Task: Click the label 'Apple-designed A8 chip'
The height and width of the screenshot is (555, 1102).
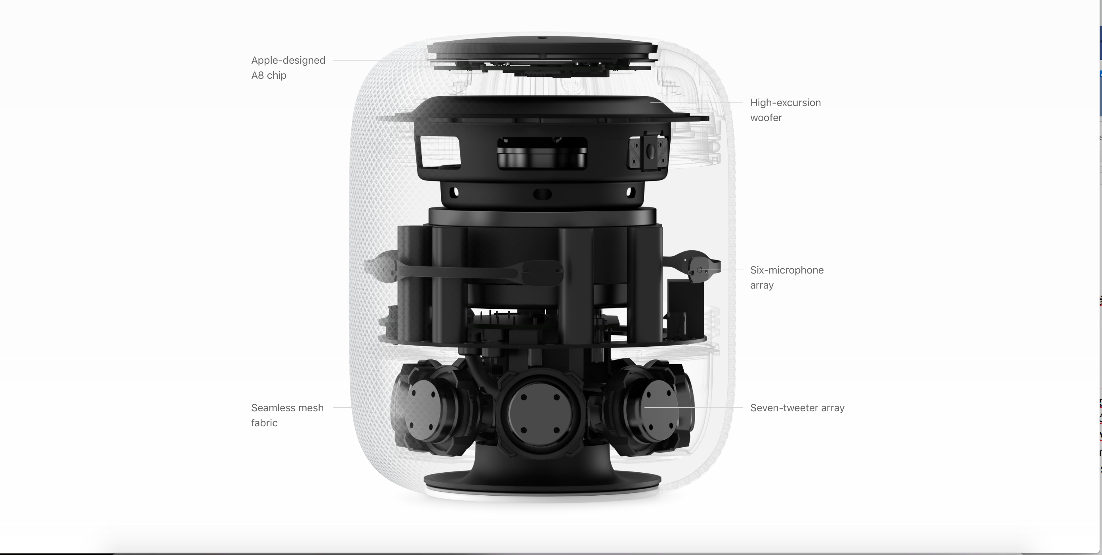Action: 288,68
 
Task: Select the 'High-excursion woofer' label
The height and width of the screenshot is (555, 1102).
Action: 786,110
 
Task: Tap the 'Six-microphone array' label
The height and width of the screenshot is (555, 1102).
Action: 787,277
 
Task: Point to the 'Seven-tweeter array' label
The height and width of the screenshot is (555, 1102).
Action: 797,408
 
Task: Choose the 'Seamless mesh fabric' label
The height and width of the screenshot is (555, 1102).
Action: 288,415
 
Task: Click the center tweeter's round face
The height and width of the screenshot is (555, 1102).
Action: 541,413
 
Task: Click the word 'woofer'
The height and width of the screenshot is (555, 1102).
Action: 766,118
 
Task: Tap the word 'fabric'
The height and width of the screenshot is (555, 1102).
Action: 264,423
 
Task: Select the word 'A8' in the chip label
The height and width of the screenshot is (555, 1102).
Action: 257,75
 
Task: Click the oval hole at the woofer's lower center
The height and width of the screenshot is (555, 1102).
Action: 542,194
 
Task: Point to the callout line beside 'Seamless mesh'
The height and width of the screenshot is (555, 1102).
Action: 342,408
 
